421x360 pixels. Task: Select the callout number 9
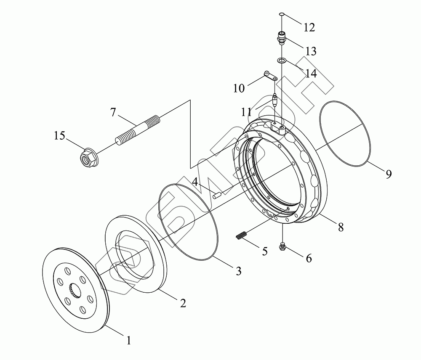coord(388,174)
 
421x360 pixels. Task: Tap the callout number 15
coord(60,136)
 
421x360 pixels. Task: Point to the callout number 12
coord(309,28)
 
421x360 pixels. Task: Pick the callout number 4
coord(195,182)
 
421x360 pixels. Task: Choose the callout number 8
coord(340,227)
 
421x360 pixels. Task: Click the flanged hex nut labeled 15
coord(87,158)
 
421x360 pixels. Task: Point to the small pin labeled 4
coord(217,195)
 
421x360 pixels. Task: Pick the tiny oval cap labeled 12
coord(282,16)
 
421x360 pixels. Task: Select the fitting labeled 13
coord(282,39)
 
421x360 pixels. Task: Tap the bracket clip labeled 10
coord(269,76)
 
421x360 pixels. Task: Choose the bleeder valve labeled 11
coord(275,100)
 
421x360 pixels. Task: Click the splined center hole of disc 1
coord(75,290)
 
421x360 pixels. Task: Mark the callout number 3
coord(238,272)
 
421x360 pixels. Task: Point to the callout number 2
coord(183,303)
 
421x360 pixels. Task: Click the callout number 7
coord(112,113)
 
